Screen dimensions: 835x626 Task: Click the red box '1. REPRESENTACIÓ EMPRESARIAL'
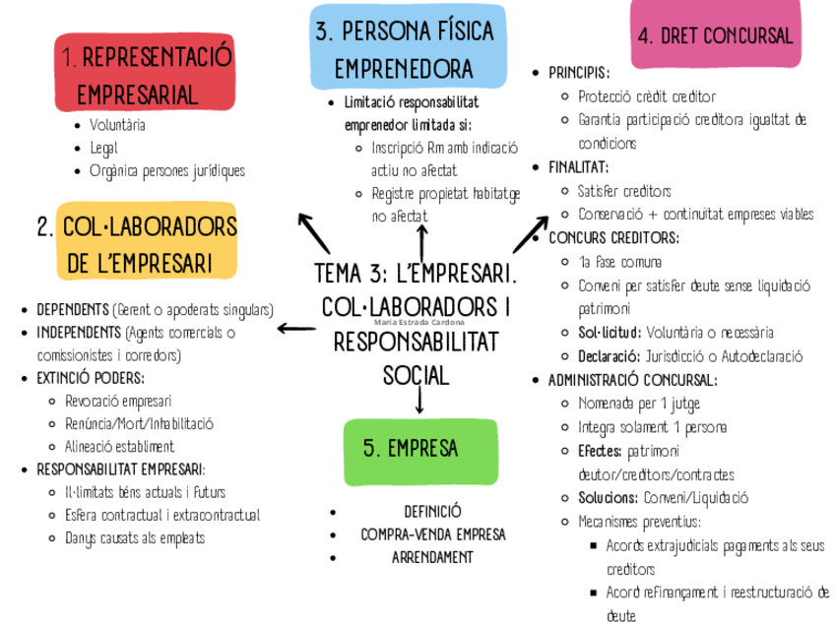point(146,75)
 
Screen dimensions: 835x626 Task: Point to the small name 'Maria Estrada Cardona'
point(419,321)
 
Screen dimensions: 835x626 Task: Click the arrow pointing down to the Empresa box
point(419,400)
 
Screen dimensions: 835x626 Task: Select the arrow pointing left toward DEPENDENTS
point(295,328)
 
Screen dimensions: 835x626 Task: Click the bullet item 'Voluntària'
point(117,125)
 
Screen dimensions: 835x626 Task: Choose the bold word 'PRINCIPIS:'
point(579,73)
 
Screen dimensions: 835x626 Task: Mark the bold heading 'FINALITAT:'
point(578,167)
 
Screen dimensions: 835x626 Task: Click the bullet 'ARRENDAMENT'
point(432,557)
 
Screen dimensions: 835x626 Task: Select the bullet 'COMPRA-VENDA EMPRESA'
point(432,534)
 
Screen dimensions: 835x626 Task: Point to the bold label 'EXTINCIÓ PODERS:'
point(91,378)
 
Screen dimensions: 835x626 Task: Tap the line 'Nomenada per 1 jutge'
point(639,404)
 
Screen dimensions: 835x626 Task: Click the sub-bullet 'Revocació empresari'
point(118,401)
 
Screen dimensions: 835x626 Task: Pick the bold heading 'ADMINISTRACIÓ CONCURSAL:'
point(632,380)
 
